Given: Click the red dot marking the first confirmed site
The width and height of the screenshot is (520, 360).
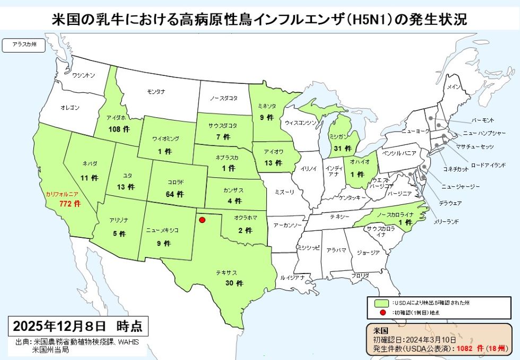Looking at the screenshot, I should click(x=202, y=219).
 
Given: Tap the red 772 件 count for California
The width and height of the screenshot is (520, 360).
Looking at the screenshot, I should click(x=69, y=204).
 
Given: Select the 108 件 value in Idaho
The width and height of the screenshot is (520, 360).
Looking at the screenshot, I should click(x=118, y=129).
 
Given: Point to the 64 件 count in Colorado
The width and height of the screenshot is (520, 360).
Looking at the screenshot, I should click(x=175, y=194).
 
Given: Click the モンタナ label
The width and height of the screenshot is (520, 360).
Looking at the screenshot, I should click(x=155, y=92).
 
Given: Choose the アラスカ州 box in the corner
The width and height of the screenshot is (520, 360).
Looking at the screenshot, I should click(x=24, y=45).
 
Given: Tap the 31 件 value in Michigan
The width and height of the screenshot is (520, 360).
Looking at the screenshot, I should click(x=340, y=149).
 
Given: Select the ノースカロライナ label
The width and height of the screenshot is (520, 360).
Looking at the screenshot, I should click(x=396, y=214).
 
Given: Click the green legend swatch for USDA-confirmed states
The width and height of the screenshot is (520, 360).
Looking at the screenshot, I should click(x=380, y=303).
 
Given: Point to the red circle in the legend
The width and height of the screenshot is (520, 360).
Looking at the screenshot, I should click(x=380, y=312).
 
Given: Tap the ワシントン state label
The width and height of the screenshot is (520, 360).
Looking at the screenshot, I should click(x=84, y=75).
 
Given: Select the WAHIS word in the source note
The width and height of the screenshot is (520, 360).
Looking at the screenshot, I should click(x=127, y=342).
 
